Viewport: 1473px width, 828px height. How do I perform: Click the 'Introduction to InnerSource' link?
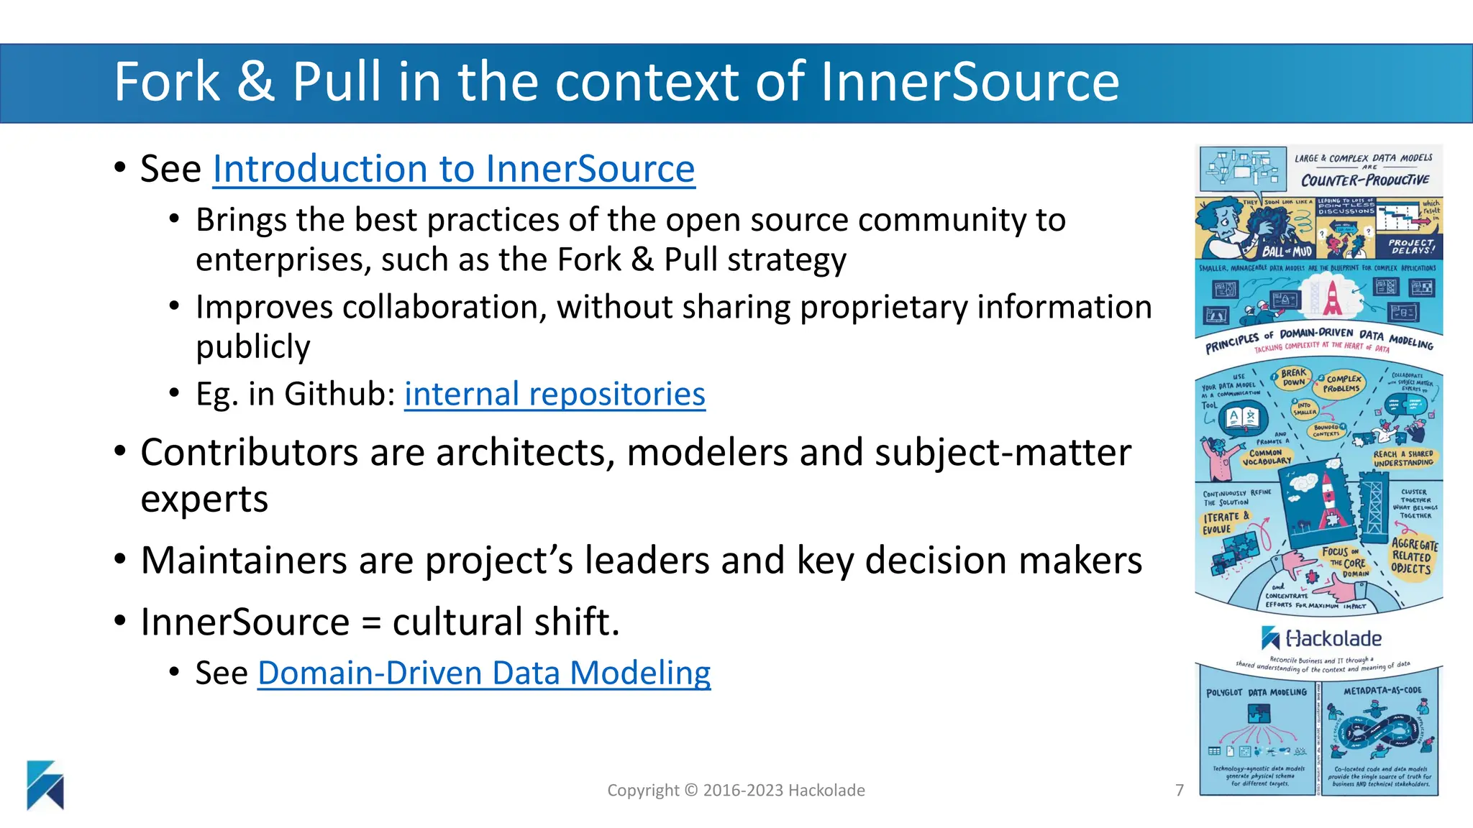[x=454, y=170]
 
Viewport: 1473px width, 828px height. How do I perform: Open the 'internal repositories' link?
[x=555, y=394]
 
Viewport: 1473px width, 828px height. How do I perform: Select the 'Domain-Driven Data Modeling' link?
[x=484, y=673]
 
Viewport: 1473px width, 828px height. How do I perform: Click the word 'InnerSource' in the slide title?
[x=969, y=81]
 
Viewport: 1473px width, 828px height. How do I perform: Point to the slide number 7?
[x=1180, y=790]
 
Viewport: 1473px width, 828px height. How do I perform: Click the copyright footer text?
[x=736, y=790]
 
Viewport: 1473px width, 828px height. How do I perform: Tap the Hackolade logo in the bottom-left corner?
[x=45, y=785]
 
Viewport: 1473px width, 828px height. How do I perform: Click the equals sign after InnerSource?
[x=370, y=622]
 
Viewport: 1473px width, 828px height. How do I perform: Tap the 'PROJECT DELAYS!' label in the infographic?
[x=1411, y=247]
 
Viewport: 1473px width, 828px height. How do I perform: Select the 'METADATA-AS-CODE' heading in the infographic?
[x=1382, y=691]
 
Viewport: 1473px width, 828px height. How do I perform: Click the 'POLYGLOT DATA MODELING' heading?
[x=1257, y=692]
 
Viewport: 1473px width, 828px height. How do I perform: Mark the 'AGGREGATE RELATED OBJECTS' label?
[x=1413, y=556]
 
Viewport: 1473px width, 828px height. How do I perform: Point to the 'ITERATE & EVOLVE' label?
[x=1226, y=523]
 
